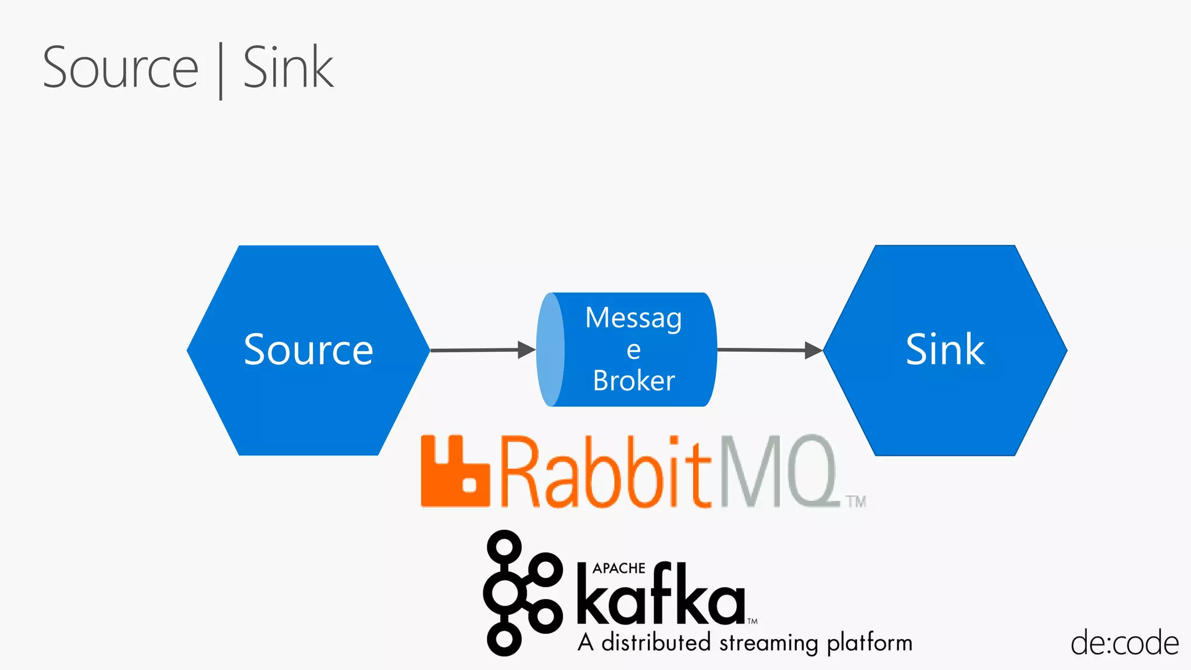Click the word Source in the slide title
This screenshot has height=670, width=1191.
pyautogui.click(x=121, y=68)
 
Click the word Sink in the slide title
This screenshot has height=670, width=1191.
pyautogui.click(x=288, y=68)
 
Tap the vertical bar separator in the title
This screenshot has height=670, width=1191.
pyautogui.click(x=221, y=71)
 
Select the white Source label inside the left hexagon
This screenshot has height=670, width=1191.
pyautogui.click(x=308, y=350)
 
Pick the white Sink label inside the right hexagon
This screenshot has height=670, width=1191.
pyautogui.click(x=945, y=350)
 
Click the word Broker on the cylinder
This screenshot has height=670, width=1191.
pyautogui.click(x=634, y=381)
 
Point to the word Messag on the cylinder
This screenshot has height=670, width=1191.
pyautogui.click(x=633, y=319)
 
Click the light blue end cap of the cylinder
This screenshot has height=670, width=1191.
pyautogui.click(x=550, y=350)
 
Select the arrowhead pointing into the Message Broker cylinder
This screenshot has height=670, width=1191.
pyautogui.click(x=526, y=350)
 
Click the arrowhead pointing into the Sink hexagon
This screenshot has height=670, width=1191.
pyautogui.click(x=813, y=350)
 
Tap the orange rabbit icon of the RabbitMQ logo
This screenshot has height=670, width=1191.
pyautogui.click(x=455, y=471)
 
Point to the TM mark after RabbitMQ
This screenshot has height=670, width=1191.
pyautogui.click(x=856, y=501)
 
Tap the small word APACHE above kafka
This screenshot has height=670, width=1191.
pyautogui.click(x=619, y=568)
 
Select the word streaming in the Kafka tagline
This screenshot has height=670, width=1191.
pyautogui.click(x=769, y=644)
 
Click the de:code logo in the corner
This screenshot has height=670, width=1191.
pyautogui.click(x=1124, y=644)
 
